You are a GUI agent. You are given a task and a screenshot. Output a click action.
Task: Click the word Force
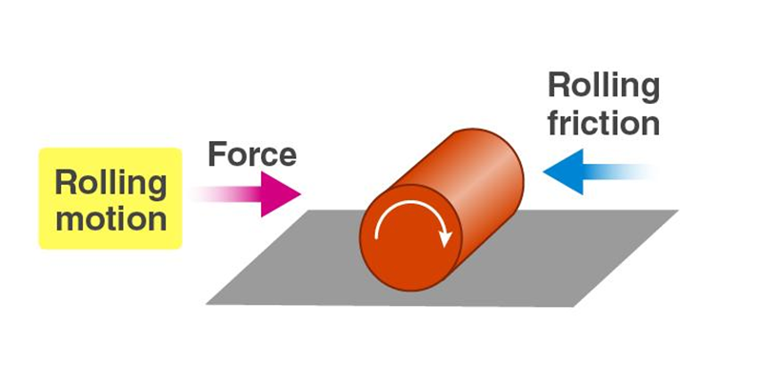click(251, 154)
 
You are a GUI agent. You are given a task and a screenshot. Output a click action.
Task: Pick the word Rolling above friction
click(604, 86)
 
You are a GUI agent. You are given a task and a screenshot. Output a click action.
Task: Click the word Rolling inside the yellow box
click(110, 182)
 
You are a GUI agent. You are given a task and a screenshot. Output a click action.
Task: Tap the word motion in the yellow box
click(110, 218)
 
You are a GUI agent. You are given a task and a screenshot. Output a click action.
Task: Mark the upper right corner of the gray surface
click(677, 211)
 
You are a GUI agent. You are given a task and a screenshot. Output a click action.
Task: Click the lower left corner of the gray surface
click(207, 304)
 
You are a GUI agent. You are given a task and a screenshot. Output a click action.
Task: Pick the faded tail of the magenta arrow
click(205, 194)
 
